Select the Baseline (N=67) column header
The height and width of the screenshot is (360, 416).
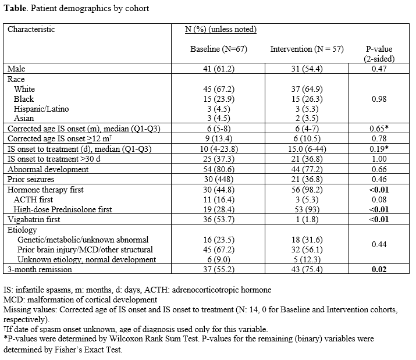click(x=219, y=49)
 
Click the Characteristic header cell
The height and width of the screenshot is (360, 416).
click(x=31, y=29)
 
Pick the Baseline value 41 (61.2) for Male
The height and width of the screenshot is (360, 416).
click(x=219, y=69)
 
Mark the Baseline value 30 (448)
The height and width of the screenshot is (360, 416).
click(x=219, y=179)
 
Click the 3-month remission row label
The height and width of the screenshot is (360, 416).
click(x=40, y=269)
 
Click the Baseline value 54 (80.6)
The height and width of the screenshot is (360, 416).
click(x=219, y=169)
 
